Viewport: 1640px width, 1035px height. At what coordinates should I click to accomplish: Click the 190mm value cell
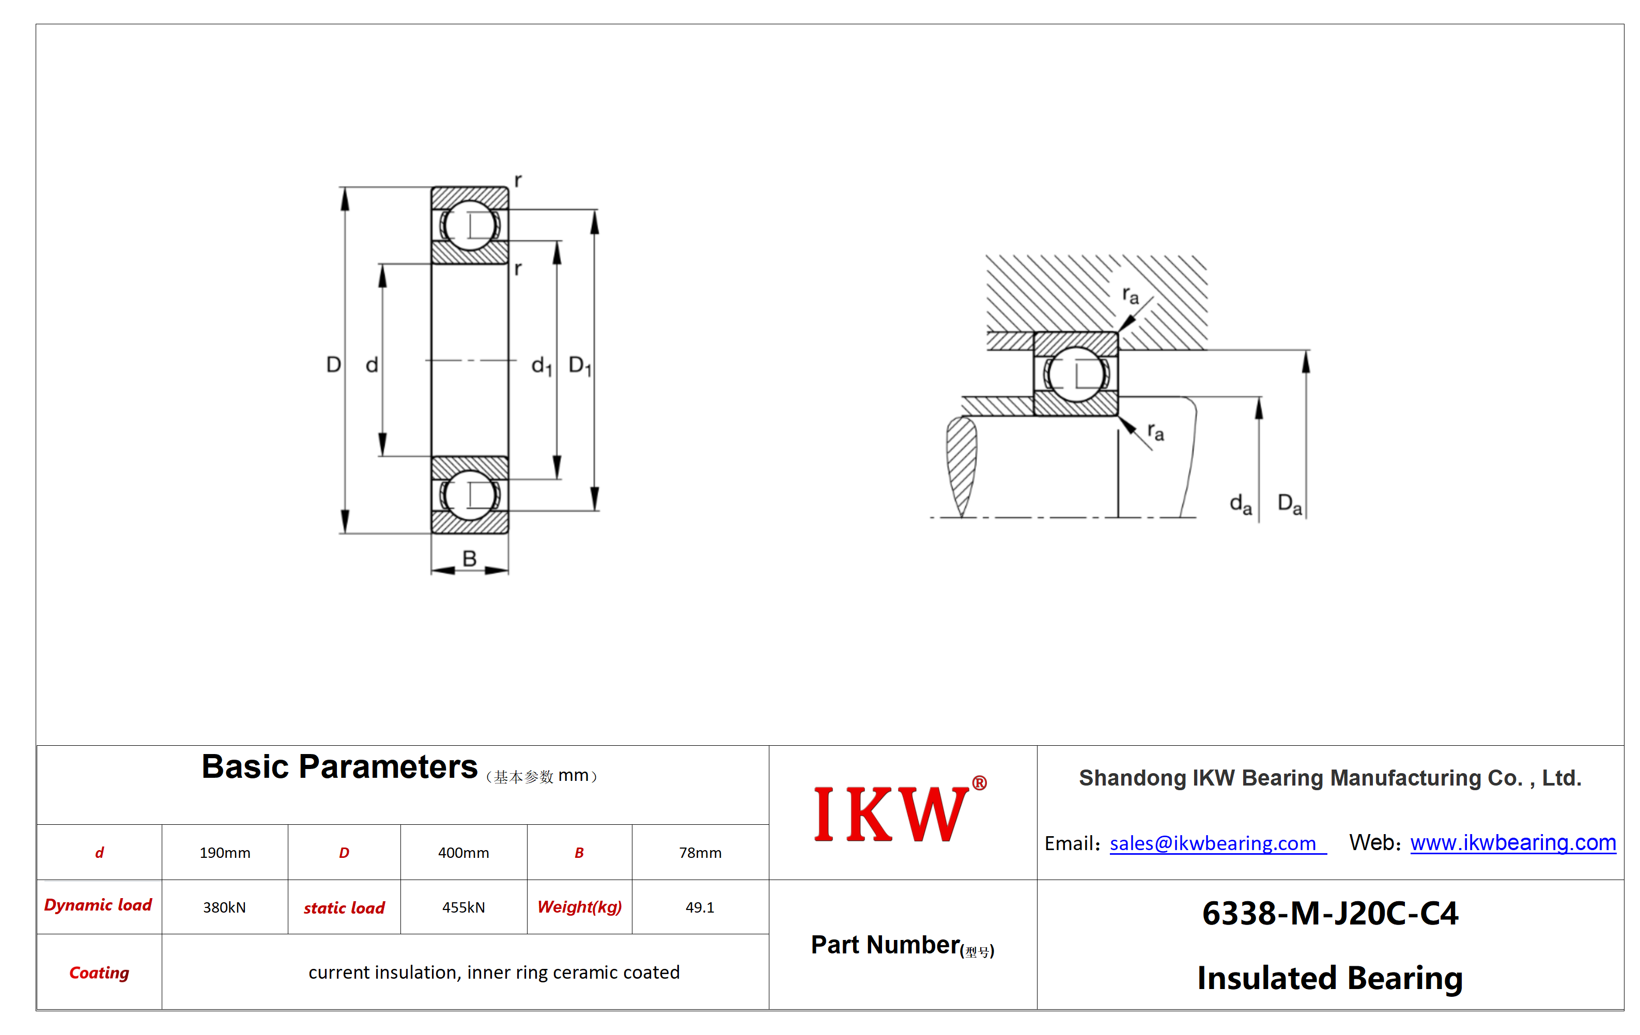coord(225,853)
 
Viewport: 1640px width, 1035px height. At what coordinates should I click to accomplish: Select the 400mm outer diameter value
coord(463,853)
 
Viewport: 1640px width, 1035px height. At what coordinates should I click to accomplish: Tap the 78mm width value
coord(700,853)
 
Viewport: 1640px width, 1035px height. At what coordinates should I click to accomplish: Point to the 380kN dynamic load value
coord(224,907)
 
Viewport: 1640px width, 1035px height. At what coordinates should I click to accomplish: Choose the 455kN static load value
coord(463,907)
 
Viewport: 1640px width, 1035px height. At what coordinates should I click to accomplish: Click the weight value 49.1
coord(700,907)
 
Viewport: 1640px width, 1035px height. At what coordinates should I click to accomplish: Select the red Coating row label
coord(99,973)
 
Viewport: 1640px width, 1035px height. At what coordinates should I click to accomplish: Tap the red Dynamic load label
coord(98,905)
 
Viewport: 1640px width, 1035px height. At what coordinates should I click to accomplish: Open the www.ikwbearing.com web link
coord(1513,842)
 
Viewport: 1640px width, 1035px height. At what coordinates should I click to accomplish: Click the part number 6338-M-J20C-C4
coord(1330,913)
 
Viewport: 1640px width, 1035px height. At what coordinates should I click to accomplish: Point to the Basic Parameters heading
coord(339,767)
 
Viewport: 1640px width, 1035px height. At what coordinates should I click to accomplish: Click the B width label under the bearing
coord(469,558)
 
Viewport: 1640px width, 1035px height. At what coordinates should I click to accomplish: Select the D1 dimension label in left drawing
coord(580,366)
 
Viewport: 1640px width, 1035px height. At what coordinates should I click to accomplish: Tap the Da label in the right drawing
coord(1289,505)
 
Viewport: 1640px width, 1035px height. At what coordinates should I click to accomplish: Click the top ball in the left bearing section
coord(470,225)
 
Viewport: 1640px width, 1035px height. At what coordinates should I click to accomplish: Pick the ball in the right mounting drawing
coord(1076,374)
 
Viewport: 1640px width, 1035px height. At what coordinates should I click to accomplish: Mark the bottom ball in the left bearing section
coord(470,495)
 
